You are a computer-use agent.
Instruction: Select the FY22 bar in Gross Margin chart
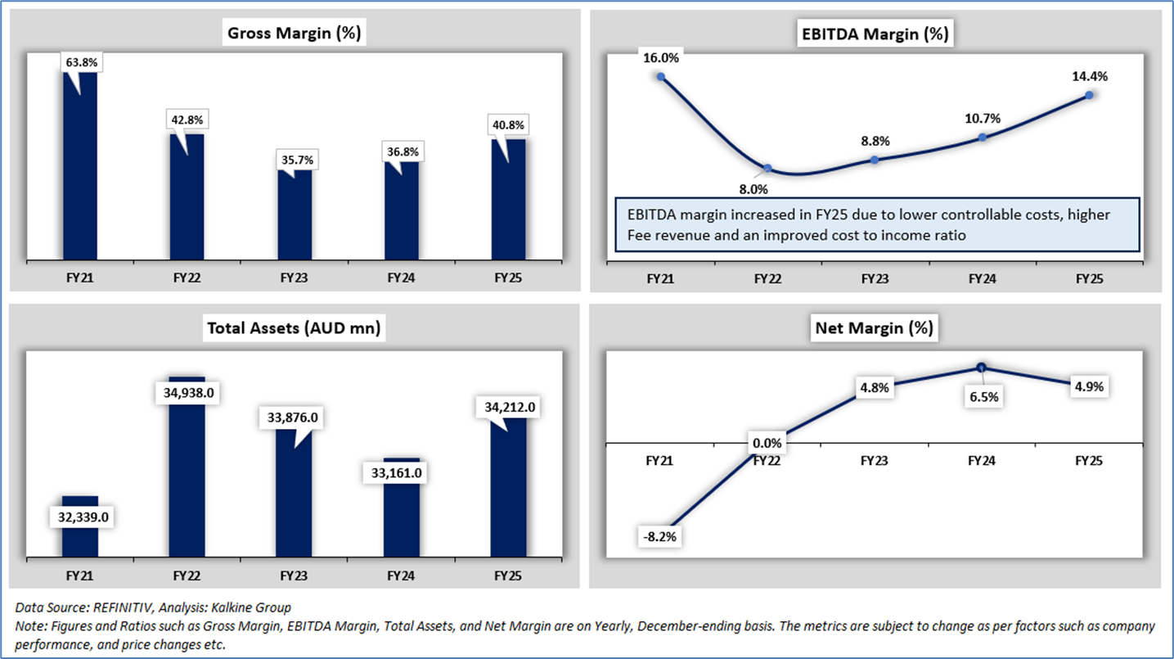(x=187, y=201)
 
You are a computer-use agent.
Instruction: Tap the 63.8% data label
(x=80, y=61)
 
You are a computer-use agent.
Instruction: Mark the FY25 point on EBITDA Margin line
(x=1090, y=95)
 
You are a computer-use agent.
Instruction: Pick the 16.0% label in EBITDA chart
(x=661, y=57)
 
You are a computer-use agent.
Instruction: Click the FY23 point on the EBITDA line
(x=875, y=160)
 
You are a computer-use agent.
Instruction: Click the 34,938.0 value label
(x=187, y=393)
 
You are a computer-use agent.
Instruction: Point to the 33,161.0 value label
(x=402, y=473)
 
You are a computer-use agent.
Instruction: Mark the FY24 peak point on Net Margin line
(x=982, y=368)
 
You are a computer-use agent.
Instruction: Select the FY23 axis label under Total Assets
(x=295, y=576)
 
